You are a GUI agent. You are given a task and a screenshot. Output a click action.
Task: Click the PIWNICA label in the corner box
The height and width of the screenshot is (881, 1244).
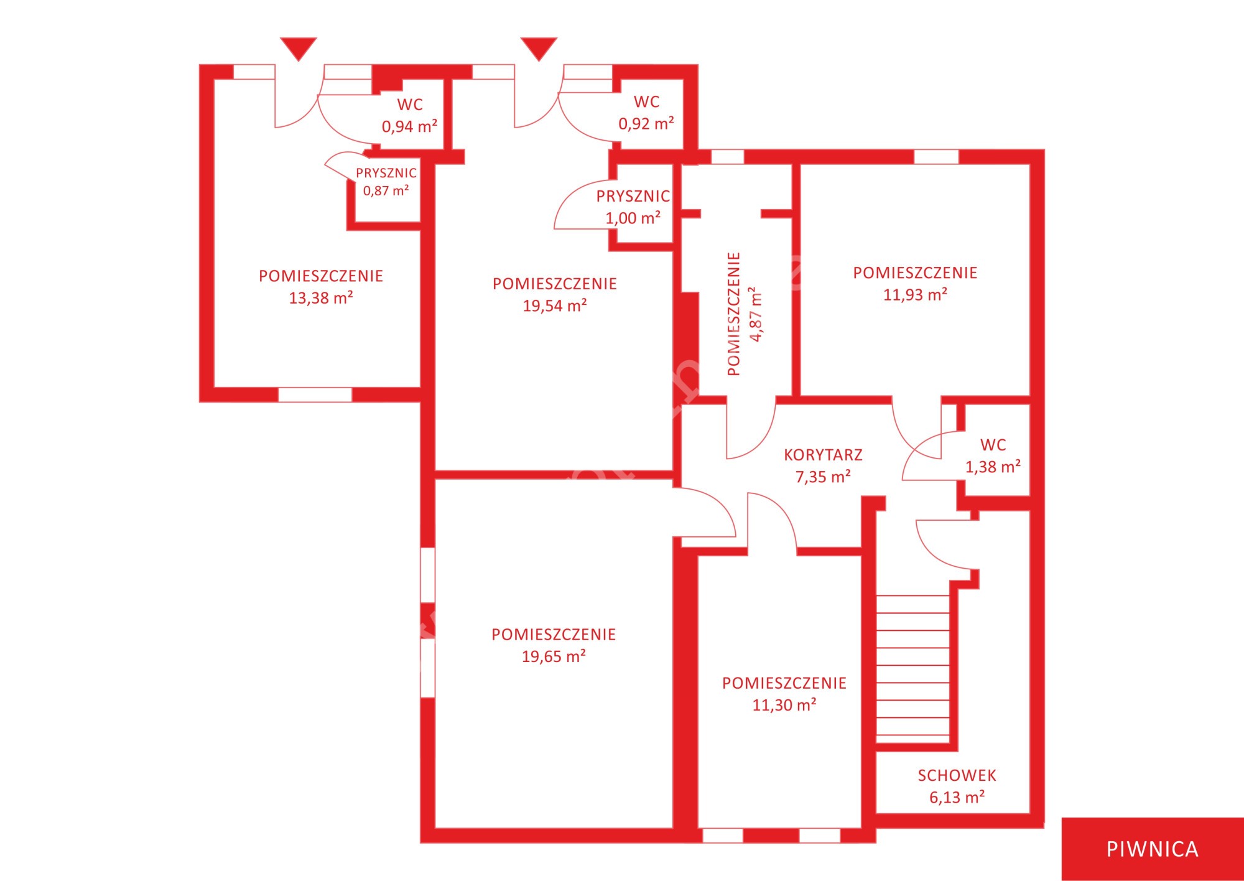click(x=1152, y=849)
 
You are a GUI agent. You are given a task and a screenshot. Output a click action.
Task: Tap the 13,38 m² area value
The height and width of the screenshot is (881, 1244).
click(x=321, y=298)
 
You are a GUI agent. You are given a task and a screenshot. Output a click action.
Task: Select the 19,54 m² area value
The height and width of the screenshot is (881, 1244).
click(x=555, y=305)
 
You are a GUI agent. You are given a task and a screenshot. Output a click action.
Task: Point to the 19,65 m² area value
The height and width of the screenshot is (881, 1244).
click(x=554, y=656)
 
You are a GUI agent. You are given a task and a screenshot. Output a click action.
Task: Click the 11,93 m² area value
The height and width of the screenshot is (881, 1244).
click(x=915, y=294)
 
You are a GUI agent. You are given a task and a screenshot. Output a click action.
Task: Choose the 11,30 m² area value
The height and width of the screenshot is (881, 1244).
click(x=784, y=705)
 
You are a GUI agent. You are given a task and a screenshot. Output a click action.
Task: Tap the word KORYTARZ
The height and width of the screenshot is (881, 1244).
click(x=823, y=455)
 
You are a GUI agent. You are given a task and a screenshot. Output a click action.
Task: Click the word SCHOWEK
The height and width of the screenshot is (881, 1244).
click(x=957, y=775)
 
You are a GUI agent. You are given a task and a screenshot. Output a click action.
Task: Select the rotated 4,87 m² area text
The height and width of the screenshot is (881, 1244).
click(x=756, y=314)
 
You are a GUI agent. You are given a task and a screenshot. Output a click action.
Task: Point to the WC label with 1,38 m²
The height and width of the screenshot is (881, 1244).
click(x=993, y=445)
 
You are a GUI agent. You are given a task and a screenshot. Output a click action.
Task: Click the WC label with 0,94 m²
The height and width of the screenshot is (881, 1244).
click(x=410, y=105)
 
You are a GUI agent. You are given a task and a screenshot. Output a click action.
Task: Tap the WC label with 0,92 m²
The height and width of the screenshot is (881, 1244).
click(x=646, y=101)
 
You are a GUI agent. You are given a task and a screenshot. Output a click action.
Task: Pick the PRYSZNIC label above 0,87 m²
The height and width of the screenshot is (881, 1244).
click(x=386, y=173)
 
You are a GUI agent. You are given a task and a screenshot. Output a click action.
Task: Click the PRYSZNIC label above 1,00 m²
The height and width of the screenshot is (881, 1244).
click(x=633, y=196)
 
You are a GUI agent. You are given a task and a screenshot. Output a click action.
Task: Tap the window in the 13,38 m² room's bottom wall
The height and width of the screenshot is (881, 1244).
click(x=315, y=394)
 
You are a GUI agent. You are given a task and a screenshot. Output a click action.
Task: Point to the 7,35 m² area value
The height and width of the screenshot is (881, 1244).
click(x=823, y=477)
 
